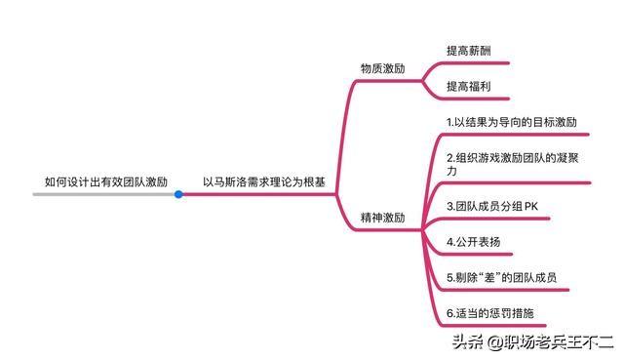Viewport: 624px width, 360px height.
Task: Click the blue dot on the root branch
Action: [178, 194]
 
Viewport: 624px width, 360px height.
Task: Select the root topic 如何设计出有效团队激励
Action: [106, 181]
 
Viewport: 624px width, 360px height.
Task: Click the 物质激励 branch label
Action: [382, 69]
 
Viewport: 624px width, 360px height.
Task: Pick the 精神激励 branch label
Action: [382, 218]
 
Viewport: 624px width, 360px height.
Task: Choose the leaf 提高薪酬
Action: [468, 50]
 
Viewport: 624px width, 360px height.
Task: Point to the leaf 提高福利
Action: [468, 87]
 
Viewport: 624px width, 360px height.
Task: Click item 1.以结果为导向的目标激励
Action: [512, 123]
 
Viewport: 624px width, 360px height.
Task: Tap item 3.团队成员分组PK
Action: [491, 207]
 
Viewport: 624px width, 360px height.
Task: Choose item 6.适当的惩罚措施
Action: [489, 313]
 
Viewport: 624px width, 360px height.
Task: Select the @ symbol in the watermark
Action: [494, 341]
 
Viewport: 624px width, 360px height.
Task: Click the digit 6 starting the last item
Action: [449, 313]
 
